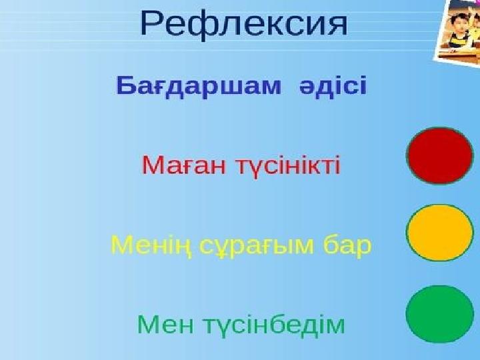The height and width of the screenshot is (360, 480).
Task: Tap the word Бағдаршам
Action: point(199,87)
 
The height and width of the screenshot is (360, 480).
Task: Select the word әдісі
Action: point(333,85)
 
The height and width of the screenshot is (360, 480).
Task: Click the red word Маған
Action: point(188,165)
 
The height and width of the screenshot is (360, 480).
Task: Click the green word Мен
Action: point(165,325)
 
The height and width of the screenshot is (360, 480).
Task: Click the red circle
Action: point(440,155)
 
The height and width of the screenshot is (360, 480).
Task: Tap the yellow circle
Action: point(440,233)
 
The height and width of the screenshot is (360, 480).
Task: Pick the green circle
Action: point(440,314)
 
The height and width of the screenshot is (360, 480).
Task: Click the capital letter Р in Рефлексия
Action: point(152,23)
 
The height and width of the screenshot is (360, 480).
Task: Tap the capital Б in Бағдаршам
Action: point(127,86)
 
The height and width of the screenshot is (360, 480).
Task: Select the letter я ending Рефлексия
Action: point(338,27)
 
